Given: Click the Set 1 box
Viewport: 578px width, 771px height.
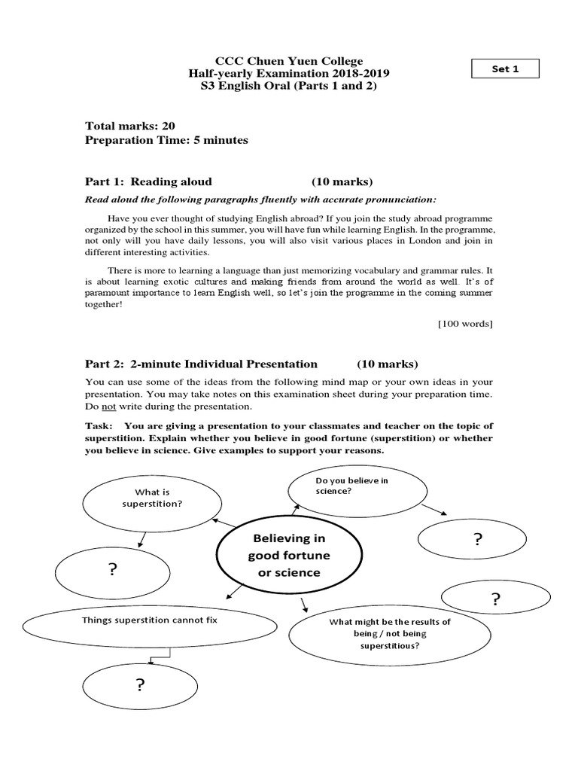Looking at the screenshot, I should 505,69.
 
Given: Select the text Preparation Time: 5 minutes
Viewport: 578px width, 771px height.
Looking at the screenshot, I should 166,140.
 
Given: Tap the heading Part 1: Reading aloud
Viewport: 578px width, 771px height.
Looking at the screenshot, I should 149,181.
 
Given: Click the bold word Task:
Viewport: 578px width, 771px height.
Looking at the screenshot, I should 100,426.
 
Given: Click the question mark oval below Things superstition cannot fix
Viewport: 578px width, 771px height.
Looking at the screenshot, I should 140,685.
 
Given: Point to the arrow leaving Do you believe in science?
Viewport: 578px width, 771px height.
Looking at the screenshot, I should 433,510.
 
